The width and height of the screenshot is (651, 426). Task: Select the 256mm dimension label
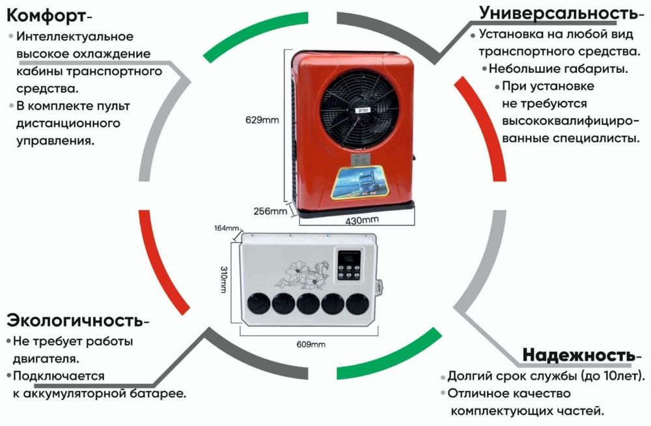pyautogui.click(x=270, y=210)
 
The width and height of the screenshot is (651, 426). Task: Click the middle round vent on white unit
pyautogui.click(x=307, y=303)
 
